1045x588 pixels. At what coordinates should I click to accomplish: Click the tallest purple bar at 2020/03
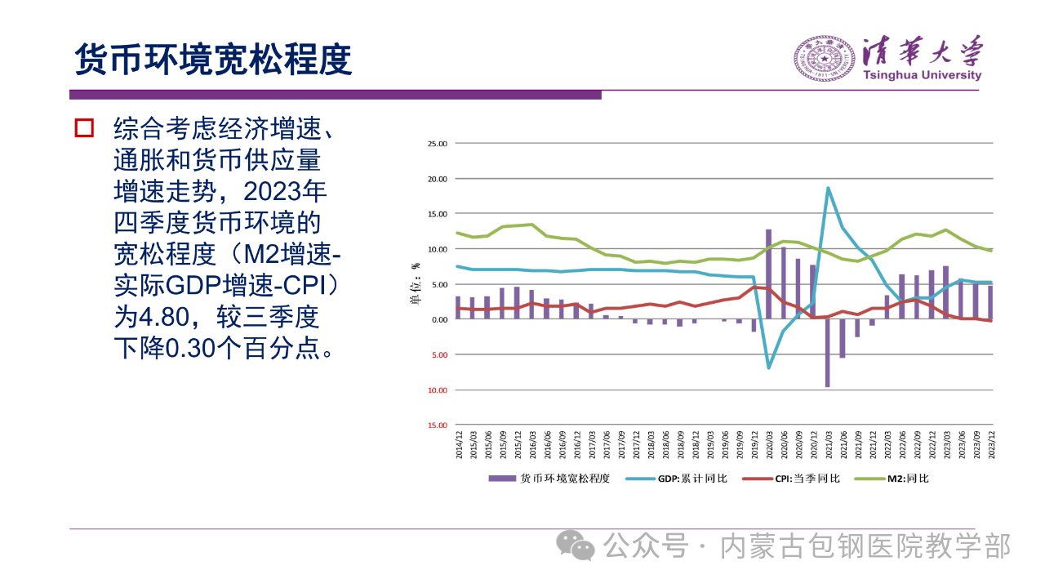(768, 274)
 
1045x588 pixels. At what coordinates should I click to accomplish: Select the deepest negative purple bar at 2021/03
(827, 353)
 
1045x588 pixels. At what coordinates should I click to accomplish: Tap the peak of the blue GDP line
(828, 188)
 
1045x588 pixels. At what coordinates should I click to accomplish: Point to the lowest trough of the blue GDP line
(768, 367)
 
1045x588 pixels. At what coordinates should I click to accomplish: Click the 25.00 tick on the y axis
(438, 144)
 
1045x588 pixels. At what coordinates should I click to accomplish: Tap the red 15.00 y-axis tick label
(438, 425)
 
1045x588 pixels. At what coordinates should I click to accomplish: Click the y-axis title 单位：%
(414, 285)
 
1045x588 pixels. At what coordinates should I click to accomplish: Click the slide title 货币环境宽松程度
(213, 59)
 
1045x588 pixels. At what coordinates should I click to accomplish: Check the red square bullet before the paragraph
(84, 128)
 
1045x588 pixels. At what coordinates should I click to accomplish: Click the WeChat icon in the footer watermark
(577, 545)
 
